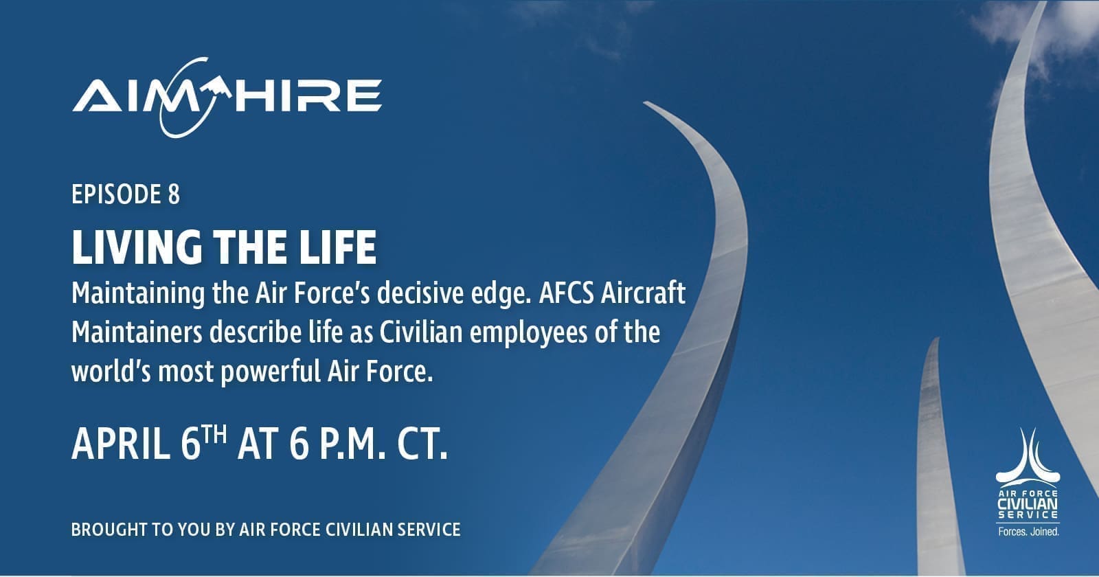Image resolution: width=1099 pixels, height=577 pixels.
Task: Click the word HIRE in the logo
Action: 310,95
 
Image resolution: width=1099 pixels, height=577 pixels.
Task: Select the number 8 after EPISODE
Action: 174,194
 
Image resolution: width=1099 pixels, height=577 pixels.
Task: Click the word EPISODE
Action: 117,194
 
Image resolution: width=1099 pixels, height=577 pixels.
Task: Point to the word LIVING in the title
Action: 137,247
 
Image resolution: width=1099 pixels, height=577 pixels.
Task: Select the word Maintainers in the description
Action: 137,332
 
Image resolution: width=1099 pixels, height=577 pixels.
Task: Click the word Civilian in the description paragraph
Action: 421,332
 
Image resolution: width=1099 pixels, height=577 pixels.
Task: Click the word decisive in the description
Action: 420,293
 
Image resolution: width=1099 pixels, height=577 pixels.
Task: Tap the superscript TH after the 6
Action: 215,435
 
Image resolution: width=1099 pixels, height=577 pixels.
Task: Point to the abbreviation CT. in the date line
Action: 422,444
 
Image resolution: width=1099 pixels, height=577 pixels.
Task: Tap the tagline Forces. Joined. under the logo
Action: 1029,532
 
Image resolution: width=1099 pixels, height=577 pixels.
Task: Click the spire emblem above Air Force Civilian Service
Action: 1028,455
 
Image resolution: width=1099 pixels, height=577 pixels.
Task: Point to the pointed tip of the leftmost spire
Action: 646,102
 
